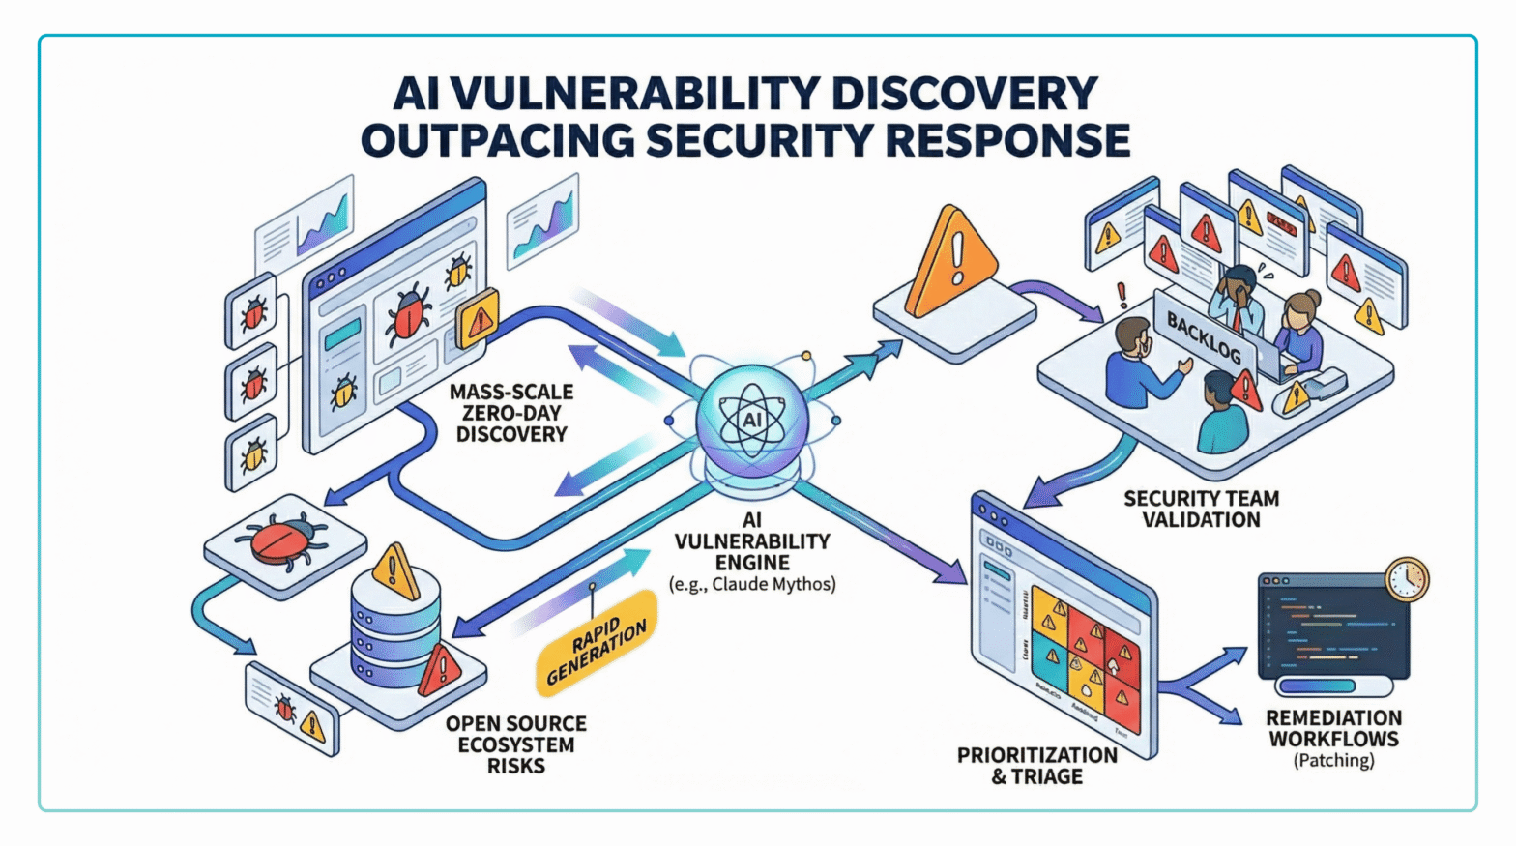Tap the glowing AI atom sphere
pyautogui.click(x=752, y=421)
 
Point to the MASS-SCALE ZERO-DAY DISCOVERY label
pyautogui.click(x=511, y=413)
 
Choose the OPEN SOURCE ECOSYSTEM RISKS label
pyautogui.click(x=516, y=744)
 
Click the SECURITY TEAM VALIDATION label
pyautogui.click(x=1201, y=509)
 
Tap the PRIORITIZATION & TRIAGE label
pyautogui.click(x=1036, y=766)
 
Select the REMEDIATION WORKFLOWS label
pyautogui.click(x=1333, y=728)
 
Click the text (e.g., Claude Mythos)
pyautogui.click(x=752, y=584)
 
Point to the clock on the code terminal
pyautogui.click(x=1407, y=578)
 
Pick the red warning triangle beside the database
pyautogui.click(x=440, y=670)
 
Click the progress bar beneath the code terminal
pyautogui.click(x=1333, y=686)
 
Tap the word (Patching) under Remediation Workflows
pyautogui.click(x=1333, y=761)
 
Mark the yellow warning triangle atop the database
pyautogui.click(x=395, y=570)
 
